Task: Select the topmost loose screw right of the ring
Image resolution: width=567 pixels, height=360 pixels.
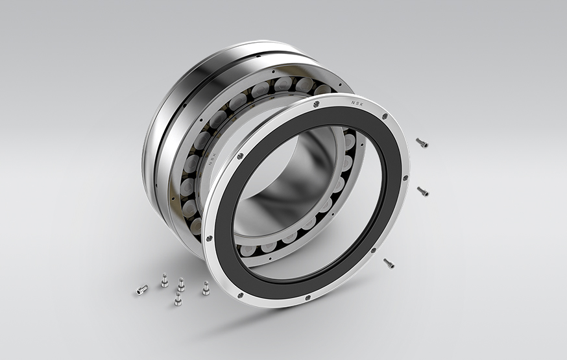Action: point(421,143)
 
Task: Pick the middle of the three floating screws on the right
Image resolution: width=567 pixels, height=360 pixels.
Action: point(422,191)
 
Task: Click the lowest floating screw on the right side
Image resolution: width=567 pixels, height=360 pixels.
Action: point(389,263)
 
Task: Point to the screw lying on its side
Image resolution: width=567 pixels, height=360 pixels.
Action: point(141,290)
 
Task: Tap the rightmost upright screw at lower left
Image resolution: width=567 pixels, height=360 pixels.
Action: point(206,288)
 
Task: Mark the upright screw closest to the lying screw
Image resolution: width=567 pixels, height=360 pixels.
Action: point(164,280)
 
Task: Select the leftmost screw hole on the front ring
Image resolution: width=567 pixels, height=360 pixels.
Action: point(209,239)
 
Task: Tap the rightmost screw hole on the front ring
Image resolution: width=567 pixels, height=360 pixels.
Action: point(406,176)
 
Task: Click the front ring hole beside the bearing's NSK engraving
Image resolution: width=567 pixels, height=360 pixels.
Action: point(240,156)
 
